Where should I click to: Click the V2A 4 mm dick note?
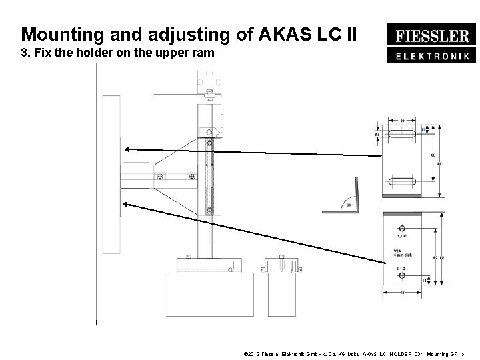coord(402,254)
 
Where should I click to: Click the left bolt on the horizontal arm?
coord(160,177)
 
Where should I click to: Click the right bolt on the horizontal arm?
coord(192,177)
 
